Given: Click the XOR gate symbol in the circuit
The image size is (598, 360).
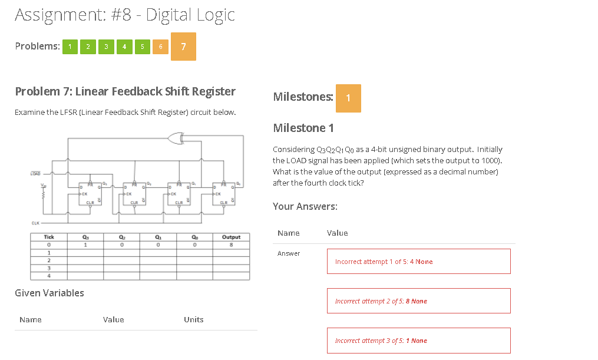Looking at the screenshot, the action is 175,138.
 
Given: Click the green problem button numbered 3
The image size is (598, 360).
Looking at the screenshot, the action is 105,47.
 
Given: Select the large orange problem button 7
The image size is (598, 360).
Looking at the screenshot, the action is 183,47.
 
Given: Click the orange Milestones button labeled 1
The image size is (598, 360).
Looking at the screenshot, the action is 348,98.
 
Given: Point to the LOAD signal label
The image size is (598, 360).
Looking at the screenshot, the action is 35,174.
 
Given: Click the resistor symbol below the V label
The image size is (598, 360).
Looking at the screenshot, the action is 42,195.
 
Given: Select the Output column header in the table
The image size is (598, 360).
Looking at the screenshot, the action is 232,237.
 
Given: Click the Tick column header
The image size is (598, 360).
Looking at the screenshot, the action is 49,237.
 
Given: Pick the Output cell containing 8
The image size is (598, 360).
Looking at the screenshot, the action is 232,245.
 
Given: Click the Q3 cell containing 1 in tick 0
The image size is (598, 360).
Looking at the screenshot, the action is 86,245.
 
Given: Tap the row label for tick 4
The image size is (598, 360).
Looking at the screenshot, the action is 49,275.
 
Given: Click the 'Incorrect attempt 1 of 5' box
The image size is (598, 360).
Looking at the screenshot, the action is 418,262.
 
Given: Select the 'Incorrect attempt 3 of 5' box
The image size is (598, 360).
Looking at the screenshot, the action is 418,341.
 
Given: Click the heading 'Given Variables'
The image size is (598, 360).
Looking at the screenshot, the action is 49,293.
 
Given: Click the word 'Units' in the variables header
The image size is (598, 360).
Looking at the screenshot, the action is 193,319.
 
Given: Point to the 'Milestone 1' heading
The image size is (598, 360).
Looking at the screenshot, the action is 303,128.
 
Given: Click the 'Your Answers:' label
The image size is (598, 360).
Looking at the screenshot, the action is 305,206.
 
